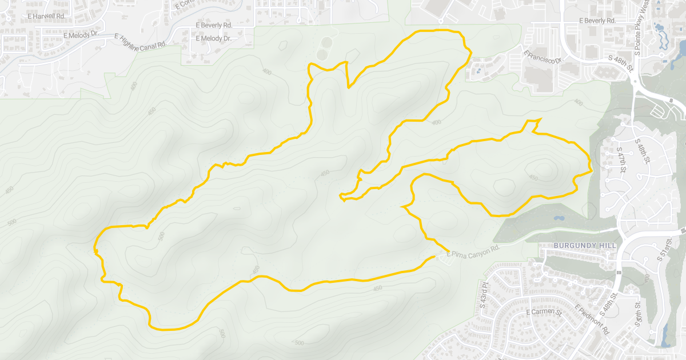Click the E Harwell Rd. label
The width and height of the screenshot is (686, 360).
click(46, 16)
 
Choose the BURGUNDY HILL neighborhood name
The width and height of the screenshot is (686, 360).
click(585, 245)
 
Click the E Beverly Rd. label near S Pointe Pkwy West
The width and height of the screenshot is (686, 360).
click(597, 21)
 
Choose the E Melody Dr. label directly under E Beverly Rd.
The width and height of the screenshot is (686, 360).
click(213, 39)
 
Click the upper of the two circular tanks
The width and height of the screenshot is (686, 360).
click(326, 42)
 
